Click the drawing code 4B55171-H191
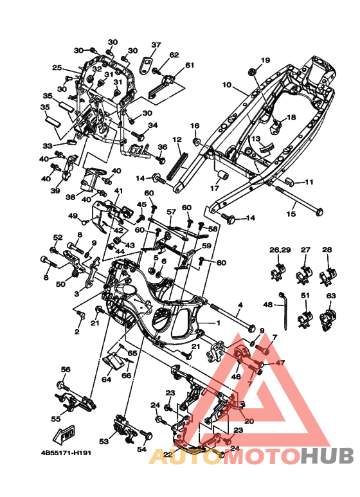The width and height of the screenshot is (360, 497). click(66, 453)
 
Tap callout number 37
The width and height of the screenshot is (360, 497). click(156, 45)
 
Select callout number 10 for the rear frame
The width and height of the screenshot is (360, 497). click(226, 85)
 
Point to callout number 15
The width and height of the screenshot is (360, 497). click(291, 214)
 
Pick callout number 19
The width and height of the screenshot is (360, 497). click(265, 60)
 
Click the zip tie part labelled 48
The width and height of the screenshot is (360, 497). click(283, 311)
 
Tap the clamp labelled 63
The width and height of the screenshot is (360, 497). click(328, 320)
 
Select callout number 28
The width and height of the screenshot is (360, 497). click(327, 249)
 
